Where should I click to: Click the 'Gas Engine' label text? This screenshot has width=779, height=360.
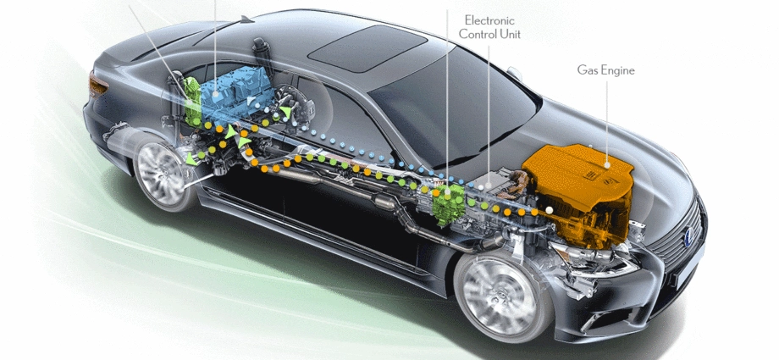(605, 70)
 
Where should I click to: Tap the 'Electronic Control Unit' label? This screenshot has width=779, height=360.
(489, 27)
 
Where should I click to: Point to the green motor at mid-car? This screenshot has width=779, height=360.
(449, 203)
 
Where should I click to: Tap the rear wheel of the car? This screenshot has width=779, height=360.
(162, 172)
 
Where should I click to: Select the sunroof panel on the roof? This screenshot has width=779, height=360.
(367, 49)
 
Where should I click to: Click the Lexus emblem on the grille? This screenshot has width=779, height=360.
(689, 235)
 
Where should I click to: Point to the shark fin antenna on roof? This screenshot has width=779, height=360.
(246, 19)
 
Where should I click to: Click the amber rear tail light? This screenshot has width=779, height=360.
(97, 84)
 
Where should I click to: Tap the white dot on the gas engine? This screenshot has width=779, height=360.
(606, 164)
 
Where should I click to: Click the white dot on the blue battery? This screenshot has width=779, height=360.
(216, 93)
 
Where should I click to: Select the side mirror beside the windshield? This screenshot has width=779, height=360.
(515, 74)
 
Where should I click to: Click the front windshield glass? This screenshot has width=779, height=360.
(452, 108)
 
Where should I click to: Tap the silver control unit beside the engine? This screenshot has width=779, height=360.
(497, 185)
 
